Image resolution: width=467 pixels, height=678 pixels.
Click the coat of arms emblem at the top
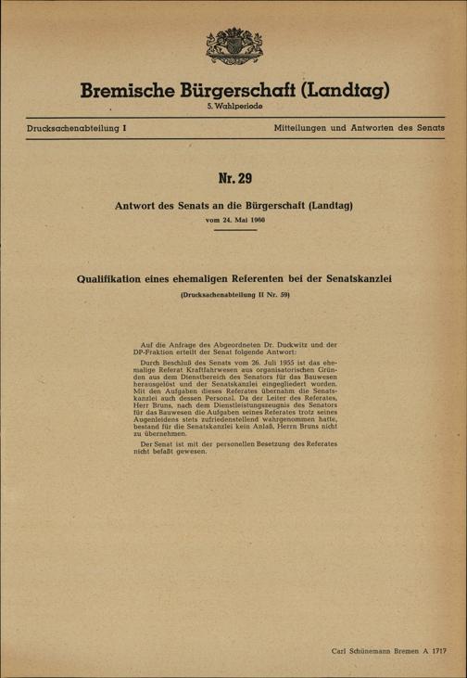[x=233, y=49]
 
